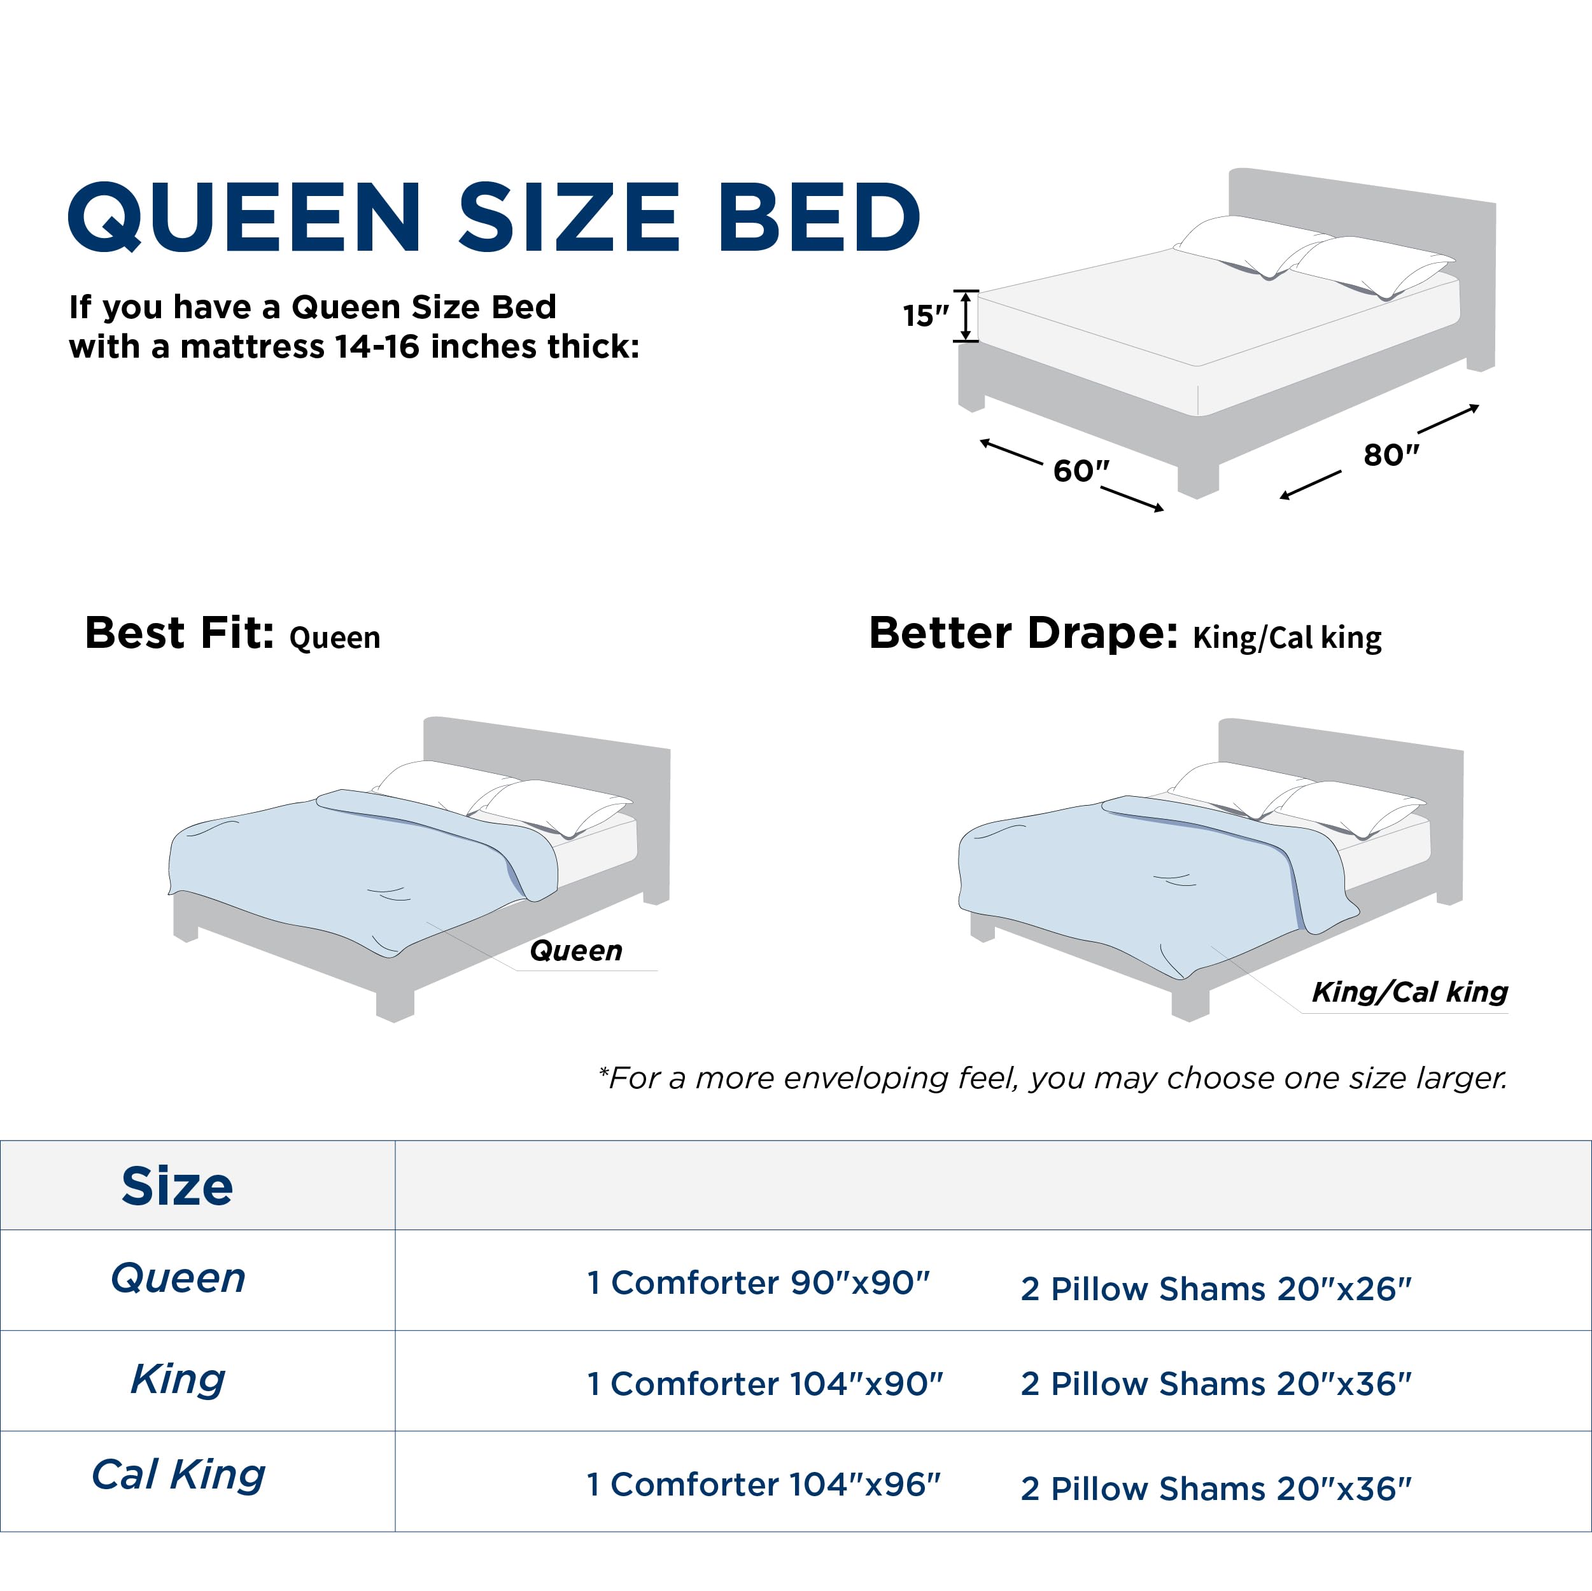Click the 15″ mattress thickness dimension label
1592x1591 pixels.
926,315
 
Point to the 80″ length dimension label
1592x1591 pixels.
1391,454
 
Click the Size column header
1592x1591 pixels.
177,1186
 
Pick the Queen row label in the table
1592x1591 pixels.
178,1278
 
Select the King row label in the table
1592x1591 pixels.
178,1378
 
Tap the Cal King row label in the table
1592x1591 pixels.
178,1474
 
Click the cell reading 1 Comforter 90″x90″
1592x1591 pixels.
758,1282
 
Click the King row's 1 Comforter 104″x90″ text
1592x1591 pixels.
764,1384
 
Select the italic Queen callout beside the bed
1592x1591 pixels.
576,950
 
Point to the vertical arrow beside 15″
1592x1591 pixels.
966,316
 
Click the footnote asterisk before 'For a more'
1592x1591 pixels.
604,1072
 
